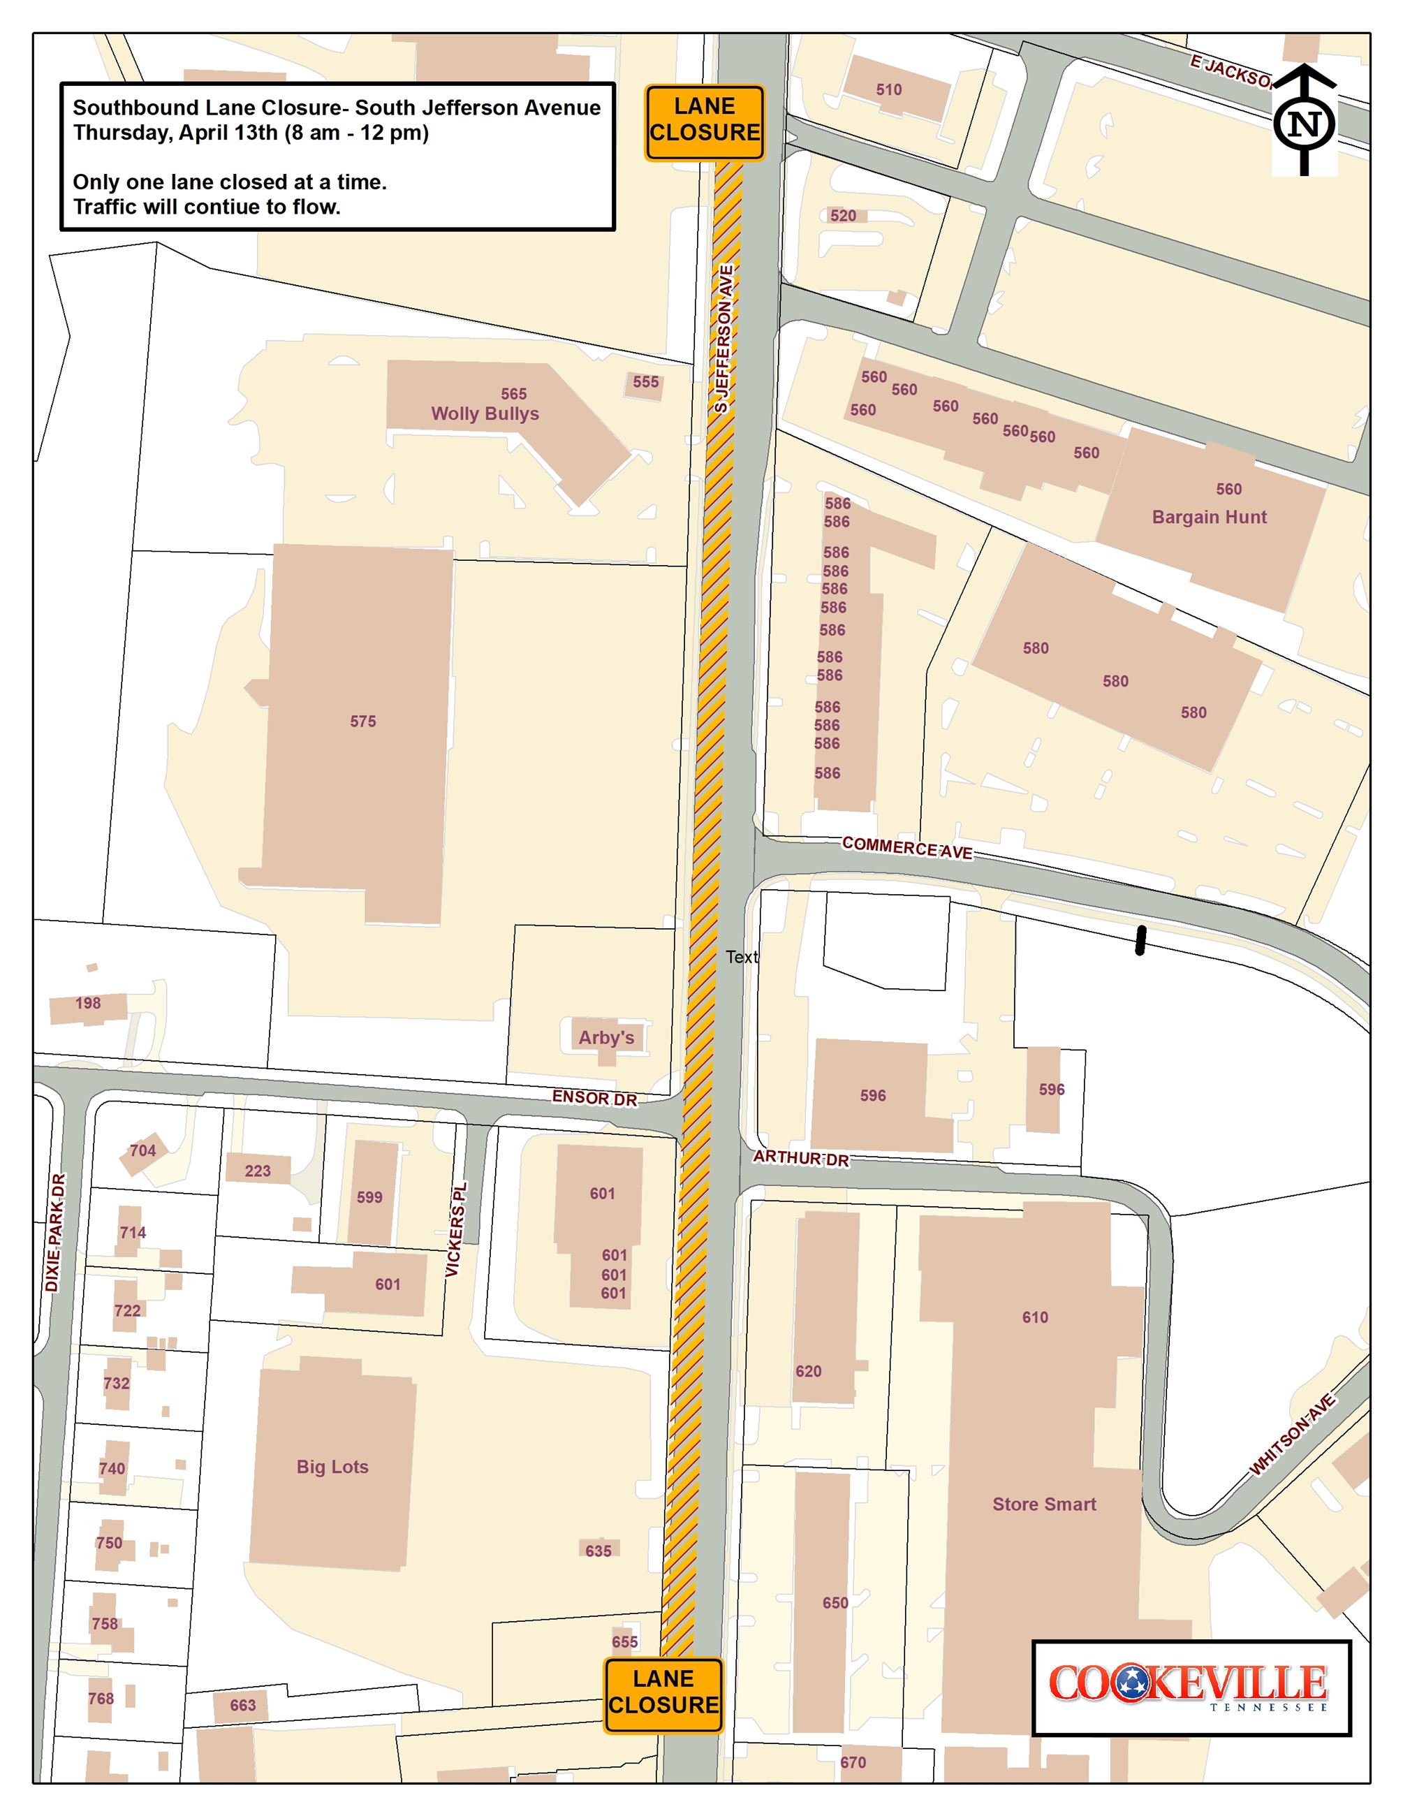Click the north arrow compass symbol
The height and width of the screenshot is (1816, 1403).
click(1304, 122)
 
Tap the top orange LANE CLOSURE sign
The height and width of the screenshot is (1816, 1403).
click(704, 122)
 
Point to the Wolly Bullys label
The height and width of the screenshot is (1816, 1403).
click(485, 413)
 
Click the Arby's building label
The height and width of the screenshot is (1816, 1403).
click(606, 1038)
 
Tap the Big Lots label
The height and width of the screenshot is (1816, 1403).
click(332, 1467)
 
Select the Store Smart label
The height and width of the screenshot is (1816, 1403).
click(1044, 1503)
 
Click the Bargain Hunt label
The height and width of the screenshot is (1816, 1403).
click(1210, 517)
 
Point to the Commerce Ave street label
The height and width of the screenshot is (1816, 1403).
click(906, 847)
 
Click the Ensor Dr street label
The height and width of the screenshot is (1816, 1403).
click(594, 1099)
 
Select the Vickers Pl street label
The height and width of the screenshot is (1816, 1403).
click(456, 1230)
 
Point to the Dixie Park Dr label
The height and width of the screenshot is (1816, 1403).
click(54, 1232)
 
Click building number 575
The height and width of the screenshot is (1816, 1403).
click(362, 722)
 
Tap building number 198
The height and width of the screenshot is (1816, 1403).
click(88, 1004)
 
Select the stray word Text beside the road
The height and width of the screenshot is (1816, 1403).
click(742, 957)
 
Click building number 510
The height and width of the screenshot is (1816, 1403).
click(888, 90)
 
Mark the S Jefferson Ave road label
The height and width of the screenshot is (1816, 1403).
click(724, 339)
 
